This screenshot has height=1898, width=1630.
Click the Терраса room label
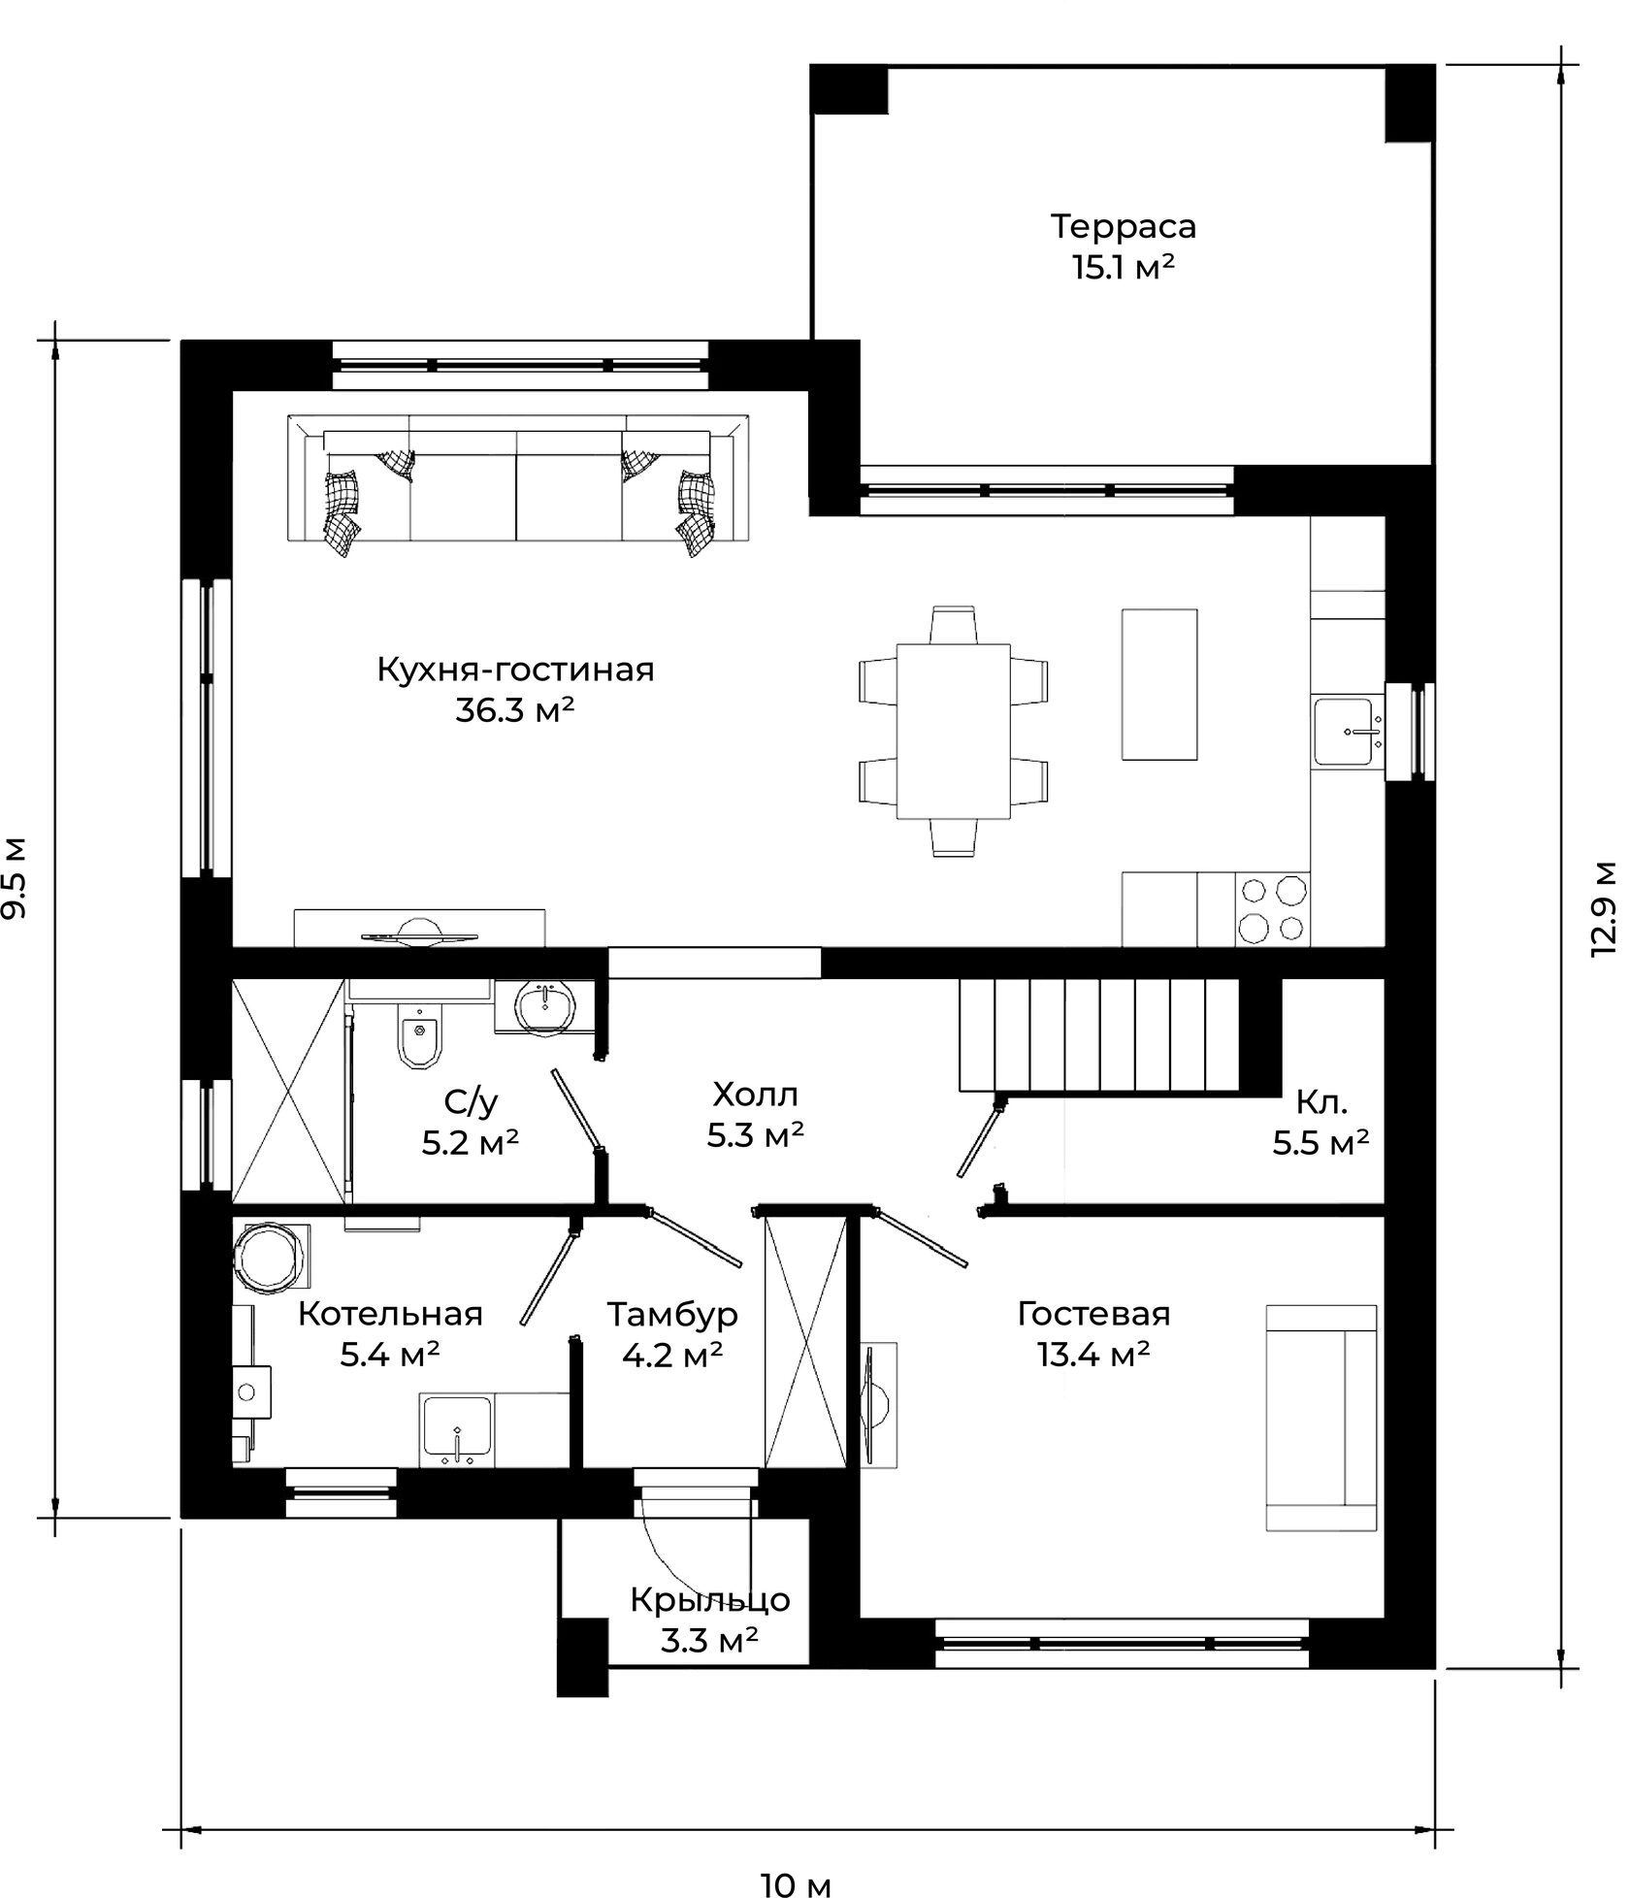[1124, 226]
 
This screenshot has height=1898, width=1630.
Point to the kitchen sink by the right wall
[1347, 731]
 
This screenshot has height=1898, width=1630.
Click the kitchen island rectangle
[1159, 684]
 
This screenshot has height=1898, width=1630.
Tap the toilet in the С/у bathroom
[419, 1033]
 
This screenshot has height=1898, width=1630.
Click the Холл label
[755, 1095]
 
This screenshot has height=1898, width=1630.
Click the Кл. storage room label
[1321, 1102]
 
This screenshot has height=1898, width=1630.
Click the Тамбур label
[672, 1314]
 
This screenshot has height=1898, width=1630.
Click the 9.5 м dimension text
[15, 876]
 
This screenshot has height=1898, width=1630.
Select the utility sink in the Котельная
[457, 1427]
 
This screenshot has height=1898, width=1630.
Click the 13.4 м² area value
[1093, 1354]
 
